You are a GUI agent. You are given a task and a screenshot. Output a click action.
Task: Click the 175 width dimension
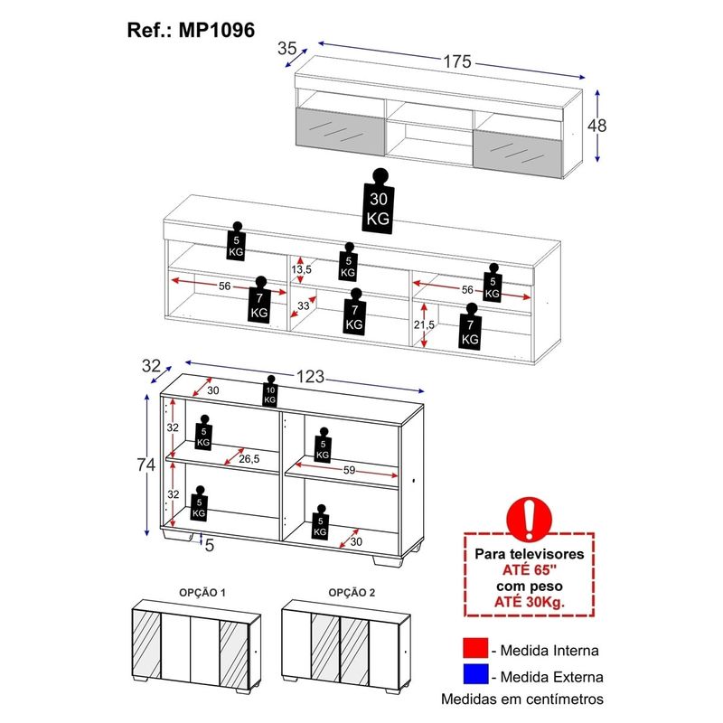pos(457,62)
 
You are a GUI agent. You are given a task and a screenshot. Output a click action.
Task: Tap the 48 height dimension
pos(596,127)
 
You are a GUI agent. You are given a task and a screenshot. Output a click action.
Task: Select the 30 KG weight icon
pos(378,208)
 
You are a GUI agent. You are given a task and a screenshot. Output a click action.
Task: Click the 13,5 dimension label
pos(301,269)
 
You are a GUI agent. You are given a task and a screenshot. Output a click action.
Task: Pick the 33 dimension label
pos(305,307)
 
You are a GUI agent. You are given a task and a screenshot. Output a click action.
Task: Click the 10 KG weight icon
pos(269,392)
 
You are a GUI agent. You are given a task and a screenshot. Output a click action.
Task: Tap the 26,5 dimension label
pos(250,459)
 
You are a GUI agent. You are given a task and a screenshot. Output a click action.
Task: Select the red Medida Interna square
pos(474,649)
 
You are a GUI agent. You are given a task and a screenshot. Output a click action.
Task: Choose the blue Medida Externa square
pos(474,674)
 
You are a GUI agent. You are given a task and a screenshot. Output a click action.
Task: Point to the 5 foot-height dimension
pos(209,545)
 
